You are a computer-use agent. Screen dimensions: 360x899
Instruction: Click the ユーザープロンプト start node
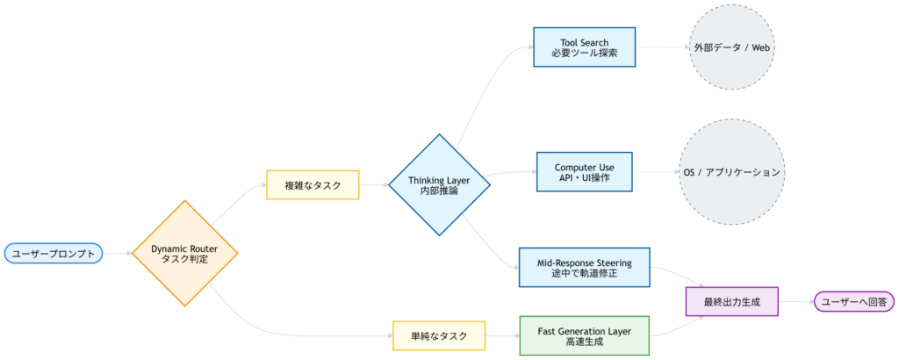point(53,254)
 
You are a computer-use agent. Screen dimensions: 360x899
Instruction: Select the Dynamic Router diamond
point(184,253)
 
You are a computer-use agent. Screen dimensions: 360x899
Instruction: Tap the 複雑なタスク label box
point(313,185)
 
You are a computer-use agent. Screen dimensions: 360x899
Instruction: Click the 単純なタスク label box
point(439,335)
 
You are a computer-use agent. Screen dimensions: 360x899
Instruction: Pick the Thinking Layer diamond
point(439,184)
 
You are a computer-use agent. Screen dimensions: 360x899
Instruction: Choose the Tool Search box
point(584,47)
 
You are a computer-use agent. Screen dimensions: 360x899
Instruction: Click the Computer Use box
point(584,172)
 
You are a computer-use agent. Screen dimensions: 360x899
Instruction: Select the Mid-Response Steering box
point(584,267)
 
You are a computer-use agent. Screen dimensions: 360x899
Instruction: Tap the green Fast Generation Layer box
point(584,335)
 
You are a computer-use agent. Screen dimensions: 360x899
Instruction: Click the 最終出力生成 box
point(731,302)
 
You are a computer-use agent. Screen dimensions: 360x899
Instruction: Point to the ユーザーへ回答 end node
point(853,302)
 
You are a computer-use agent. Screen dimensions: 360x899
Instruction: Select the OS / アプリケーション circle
point(730,172)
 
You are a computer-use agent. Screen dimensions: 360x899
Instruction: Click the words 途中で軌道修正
point(584,273)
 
